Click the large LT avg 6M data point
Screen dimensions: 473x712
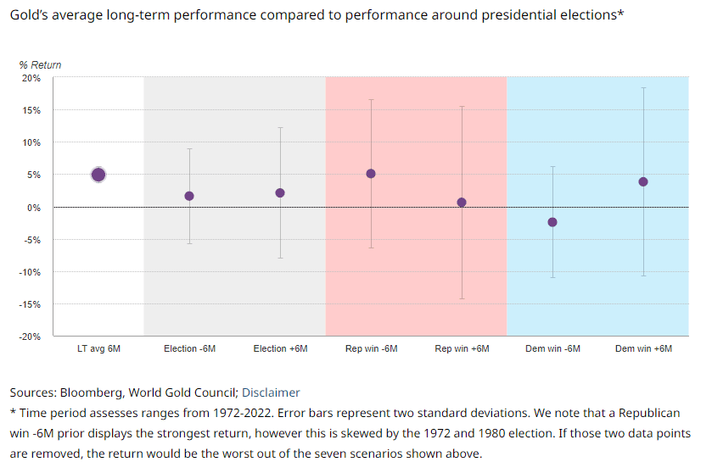[98, 175]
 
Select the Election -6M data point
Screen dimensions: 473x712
[189, 196]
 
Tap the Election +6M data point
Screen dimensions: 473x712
[280, 192]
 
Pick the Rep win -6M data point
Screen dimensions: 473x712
[371, 174]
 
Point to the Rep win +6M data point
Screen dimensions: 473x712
[462, 202]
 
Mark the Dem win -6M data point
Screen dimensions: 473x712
[552, 222]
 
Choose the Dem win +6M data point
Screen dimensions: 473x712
[643, 181]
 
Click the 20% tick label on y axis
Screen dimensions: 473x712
[31, 78]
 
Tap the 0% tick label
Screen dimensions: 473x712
[34, 208]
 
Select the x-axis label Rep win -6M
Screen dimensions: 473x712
[371, 349]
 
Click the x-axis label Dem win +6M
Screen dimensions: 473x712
[643, 349]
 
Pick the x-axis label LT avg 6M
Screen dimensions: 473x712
[98, 349]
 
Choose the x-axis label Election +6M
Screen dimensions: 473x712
[280, 349]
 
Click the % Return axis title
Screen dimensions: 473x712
[40, 64]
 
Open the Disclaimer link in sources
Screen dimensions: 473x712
[271, 392]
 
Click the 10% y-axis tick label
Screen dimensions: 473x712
[31, 142]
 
